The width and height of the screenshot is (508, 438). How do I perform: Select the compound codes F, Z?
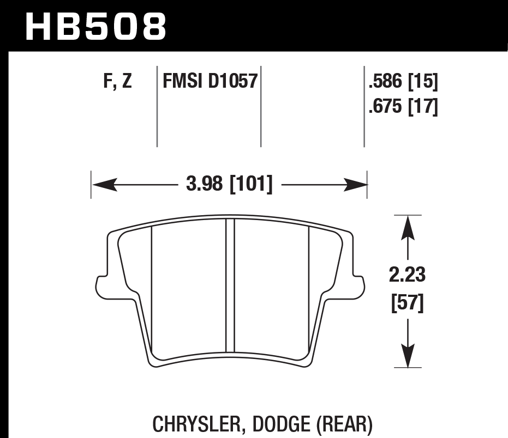click(x=117, y=82)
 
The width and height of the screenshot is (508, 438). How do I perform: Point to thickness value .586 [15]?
click(x=403, y=82)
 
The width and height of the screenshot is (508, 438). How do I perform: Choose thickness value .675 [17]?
click(x=403, y=107)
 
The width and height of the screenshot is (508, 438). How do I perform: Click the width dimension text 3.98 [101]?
click(x=229, y=184)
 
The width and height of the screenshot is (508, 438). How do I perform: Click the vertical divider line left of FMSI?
click(x=157, y=107)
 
